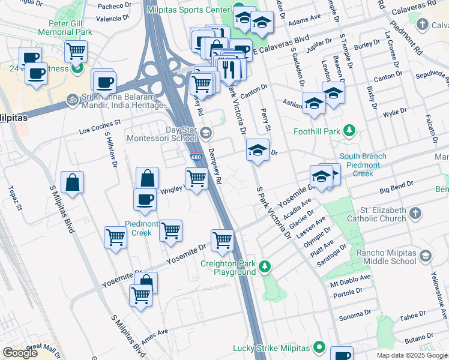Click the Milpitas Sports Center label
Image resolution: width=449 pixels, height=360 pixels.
[187, 10]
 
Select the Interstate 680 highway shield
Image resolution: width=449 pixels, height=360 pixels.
[196, 157]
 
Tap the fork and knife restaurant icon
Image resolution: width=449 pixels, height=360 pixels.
[228, 70]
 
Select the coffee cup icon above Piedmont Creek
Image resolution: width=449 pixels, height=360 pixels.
[145, 200]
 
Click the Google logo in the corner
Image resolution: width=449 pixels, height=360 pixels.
[20, 353]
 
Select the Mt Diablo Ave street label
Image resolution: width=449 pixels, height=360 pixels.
[348, 280]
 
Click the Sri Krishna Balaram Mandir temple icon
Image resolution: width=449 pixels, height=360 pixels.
[72, 97]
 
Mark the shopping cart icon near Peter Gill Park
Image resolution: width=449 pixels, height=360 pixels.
[76, 50]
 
